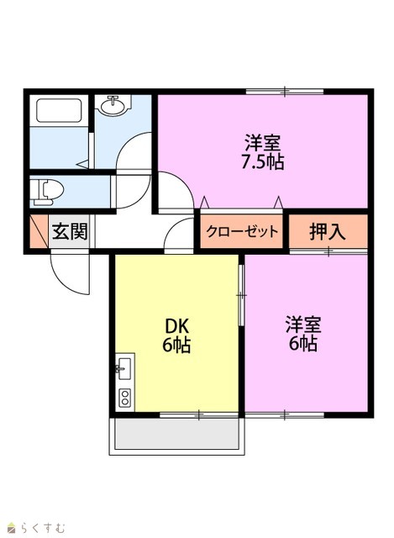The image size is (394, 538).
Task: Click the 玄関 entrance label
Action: (x=70, y=232)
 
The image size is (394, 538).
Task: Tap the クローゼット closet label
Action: (x=242, y=232)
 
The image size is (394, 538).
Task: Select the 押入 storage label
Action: (x=328, y=232)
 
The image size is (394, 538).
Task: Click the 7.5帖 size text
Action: (x=263, y=162)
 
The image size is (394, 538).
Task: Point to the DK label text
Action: (x=177, y=327)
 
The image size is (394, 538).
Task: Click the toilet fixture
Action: (x=47, y=193)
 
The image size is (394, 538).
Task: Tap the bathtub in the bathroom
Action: (x=59, y=110)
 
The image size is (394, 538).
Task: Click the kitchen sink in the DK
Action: (x=125, y=369)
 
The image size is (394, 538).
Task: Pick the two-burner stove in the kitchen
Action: (x=125, y=398)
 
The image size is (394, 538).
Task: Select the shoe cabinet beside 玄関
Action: (x=39, y=231)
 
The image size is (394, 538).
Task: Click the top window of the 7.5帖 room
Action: (x=285, y=92)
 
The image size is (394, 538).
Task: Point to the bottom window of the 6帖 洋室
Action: (x=285, y=414)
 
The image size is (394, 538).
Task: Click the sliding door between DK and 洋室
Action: (x=242, y=295)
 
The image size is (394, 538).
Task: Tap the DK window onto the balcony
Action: (x=199, y=414)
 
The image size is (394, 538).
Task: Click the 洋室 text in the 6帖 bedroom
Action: (x=303, y=325)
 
